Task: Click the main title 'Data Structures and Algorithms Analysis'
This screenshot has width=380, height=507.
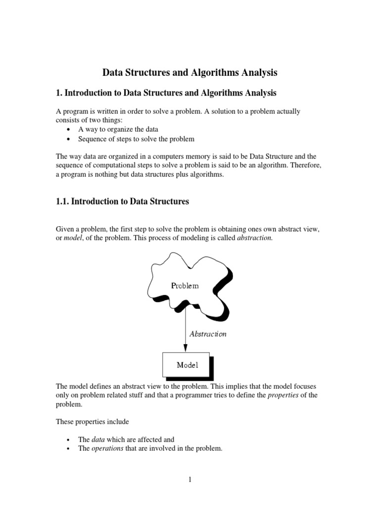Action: pos(190,73)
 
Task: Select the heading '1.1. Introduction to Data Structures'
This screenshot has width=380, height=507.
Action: pos(122,201)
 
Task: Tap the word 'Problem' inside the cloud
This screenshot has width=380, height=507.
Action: pos(185,286)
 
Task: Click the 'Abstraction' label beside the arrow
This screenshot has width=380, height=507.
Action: pos(208,334)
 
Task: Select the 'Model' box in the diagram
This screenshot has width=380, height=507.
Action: pos(187,365)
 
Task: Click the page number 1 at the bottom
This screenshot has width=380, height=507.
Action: pos(190,479)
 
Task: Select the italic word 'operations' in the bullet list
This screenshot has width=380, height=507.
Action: pos(107,449)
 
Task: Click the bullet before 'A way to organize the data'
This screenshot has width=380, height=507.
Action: pos(68,130)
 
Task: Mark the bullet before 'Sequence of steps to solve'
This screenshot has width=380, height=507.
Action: pos(68,140)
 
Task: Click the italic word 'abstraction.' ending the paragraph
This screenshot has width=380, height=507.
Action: pos(255,238)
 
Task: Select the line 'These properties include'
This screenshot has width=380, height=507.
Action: pos(92,422)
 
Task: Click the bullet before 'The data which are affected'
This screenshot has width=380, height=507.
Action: pos(68,440)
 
